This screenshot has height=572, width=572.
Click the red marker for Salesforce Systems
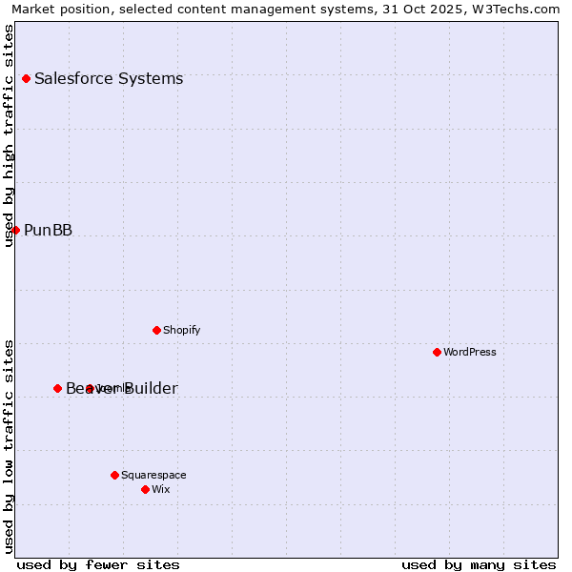tap(26, 78)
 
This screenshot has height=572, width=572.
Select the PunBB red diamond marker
tap(15, 230)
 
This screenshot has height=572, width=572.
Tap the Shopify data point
tap(156, 330)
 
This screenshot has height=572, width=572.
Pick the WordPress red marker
tap(437, 352)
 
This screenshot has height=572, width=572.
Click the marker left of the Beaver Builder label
tap(57, 388)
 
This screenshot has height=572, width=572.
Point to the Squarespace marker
tap(114, 475)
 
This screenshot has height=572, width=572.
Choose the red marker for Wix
tap(145, 489)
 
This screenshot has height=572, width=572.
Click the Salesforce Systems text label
tap(109, 78)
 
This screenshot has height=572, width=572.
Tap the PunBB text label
tap(48, 230)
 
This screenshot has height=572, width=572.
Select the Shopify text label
tap(181, 330)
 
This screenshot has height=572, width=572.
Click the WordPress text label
tap(470, 352)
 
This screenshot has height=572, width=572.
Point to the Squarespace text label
tap(153, 475)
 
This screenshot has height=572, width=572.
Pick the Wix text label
tap(161, 489)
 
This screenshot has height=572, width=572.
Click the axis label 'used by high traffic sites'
tap(10, 135)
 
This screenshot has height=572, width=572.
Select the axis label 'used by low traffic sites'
tap(10, 445)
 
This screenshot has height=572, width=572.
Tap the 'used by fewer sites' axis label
tap(98, 564)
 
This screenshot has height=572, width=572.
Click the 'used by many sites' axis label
tap(479, 564)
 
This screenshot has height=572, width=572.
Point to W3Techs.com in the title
tap(516, 9)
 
